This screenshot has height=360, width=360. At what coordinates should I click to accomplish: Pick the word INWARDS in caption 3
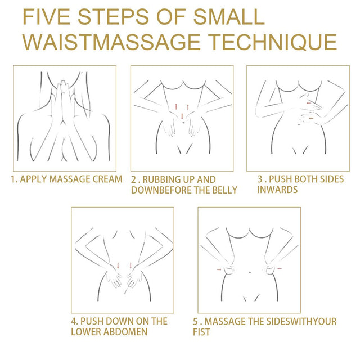point(277,190)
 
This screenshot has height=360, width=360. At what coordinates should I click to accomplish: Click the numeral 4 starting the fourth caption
point(74,321)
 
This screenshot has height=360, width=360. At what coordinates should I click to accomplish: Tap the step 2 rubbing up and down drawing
point(182,118)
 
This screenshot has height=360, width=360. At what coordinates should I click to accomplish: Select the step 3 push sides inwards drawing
point(298,118)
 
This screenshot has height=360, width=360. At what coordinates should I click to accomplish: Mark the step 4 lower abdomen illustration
point(123,259)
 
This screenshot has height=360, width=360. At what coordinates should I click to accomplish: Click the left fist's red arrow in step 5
point(218,270)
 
